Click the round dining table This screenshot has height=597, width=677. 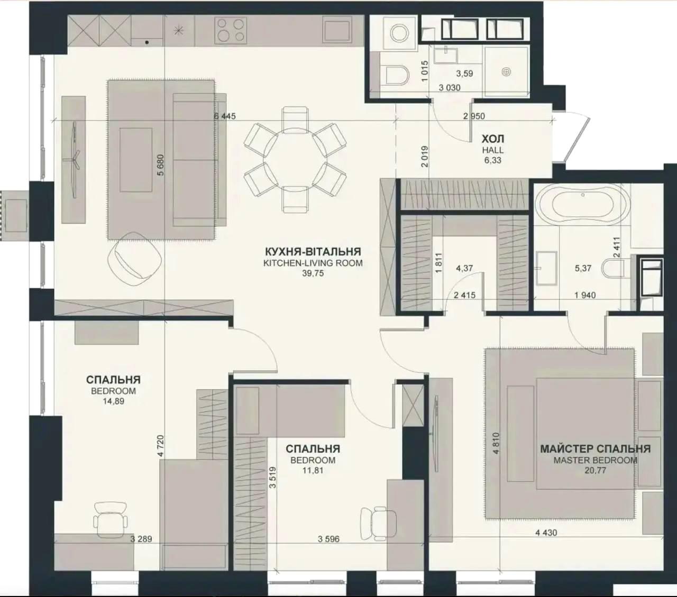tap(295, 159)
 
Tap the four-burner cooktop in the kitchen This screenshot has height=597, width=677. tap(231, 30)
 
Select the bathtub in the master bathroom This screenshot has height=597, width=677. tap(582, 205)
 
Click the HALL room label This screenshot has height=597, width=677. tap(493, 150)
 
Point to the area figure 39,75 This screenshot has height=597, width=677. tap(313, 273)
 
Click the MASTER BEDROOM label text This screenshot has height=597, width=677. tap(596, 461)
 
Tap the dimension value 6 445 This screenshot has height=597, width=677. tap(225, 116)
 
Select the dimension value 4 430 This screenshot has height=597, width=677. tap(546, 532)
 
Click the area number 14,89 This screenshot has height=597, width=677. tap(113, 401)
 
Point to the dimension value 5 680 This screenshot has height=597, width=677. tap(161, 165)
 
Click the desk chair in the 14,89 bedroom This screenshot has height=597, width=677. tap(111, 520)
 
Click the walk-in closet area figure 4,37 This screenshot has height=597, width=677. tap(464, 268)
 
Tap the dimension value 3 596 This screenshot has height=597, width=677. tap(328, 539)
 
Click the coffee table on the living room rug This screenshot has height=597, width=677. tap(136, 160)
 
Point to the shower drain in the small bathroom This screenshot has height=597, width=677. tap(507, 71)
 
